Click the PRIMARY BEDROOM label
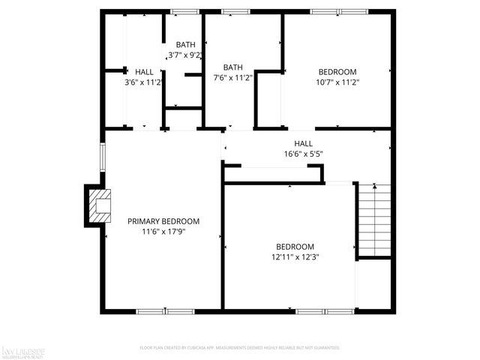coord(163,221)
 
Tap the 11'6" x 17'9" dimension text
coord(163,232)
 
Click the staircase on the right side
coord(374,220)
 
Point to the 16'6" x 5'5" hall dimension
coord(303,154)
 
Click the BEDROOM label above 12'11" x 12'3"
coord(295,247)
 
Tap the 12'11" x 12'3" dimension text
coord(295,257)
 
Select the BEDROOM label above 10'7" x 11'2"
coord(337,72)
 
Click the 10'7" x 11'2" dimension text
coord(337,82)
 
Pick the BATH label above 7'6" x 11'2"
coord(232,67)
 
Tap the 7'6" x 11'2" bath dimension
coord(232,77)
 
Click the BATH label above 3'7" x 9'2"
coord(184,45)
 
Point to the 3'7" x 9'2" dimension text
coord(184,55)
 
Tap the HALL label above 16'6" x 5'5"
coord(303,144)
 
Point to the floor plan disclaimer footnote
coord(240,348)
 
